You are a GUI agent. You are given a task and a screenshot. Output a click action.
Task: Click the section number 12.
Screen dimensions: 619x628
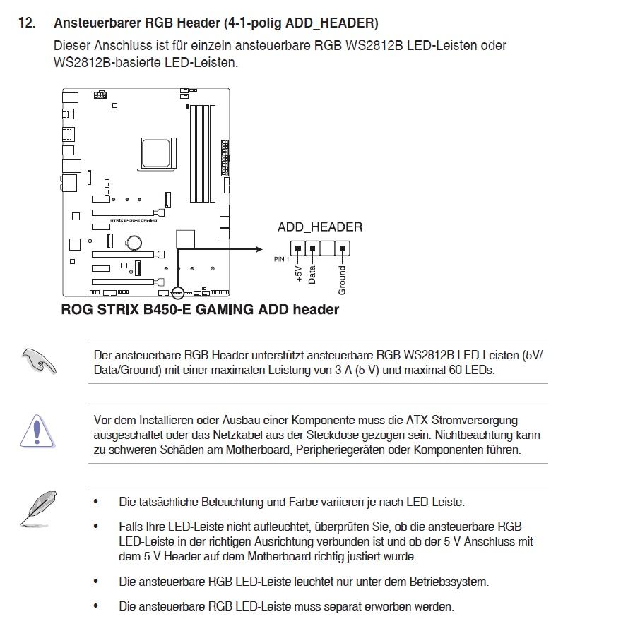coord(26,23)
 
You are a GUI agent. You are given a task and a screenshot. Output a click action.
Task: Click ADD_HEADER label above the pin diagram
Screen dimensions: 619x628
coord(319,227)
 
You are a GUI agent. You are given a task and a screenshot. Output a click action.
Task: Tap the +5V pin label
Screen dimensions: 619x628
coord(299,274)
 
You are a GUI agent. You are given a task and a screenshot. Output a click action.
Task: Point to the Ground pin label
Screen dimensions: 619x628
coord(343,280)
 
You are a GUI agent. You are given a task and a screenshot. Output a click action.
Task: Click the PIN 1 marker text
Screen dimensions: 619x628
coord(281,259)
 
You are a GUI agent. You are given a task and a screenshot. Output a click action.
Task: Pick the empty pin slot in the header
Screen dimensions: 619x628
coord(327,248)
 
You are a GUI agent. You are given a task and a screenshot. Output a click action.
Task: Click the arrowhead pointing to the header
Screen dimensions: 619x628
coord(260,248)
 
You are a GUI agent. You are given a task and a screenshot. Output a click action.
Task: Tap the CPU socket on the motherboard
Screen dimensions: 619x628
coord(155,150)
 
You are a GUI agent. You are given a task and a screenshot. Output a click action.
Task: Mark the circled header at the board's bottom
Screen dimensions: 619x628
coord(177,292)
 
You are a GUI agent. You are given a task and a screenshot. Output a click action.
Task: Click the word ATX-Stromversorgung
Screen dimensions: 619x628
coord(464,421)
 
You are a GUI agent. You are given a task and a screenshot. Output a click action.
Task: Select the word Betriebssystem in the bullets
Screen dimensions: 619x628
coord(451,582)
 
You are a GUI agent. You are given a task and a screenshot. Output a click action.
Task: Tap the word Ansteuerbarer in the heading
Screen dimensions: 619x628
coord(102,23)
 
